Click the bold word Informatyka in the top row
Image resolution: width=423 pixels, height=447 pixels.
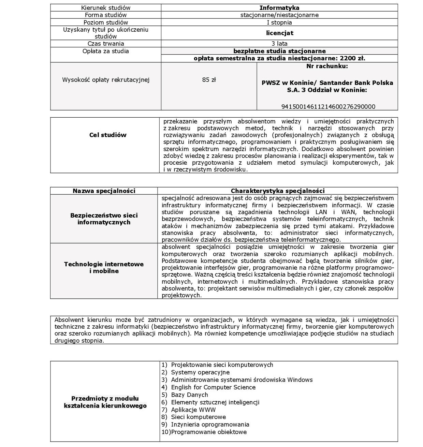pyautogui.click(x=279, y=8)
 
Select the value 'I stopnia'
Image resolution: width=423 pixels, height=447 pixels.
pyautogui.click(x=279, y=23)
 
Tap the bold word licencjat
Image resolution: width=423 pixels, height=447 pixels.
pyautogui.click(x=279, y=33)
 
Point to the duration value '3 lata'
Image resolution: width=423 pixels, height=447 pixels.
pyautogui.click(x=279, y=44)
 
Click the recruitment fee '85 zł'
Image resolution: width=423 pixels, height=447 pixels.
pyautogui.click(x=209, y=80)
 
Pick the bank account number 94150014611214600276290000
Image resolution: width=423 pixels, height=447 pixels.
pyautogui.click(x=328, y=107)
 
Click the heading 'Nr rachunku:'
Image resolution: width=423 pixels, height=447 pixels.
pyautogui.click(x=327, y=66)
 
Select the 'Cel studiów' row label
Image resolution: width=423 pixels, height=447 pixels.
pyautogui.click(x=108, y=135)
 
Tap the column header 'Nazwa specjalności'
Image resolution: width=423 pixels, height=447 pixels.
pyautogui.click(x=104, y=191)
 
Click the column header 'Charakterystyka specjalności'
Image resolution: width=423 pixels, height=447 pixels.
pyautogui.click(x=278, y=191)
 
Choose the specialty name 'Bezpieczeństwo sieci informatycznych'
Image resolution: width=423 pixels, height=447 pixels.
pyautogui.click(x=104, y=219)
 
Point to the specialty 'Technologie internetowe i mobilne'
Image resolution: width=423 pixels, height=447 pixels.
pyautogui.click(x=104, y=268)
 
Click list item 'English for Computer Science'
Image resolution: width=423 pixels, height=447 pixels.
pyautogui.click(x=213, y=387)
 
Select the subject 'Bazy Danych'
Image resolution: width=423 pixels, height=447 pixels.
pyautogui.click(x=189, y=395)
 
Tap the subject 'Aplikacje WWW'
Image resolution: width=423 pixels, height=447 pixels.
pyautogui.click(x=193, y=410)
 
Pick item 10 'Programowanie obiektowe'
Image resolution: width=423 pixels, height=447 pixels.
pyautogui.click(x=209, y=432)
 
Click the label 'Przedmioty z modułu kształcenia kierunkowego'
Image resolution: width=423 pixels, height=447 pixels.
pyautogui.click(x=105, y=402)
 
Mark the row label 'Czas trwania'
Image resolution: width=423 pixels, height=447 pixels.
pyautogui.click(x=106, y=44)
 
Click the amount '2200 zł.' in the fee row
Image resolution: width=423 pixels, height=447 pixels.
pyautogui.click(x=352, y=58)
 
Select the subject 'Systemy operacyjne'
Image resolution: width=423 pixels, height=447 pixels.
pyautogui.click(x=200, y=372)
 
